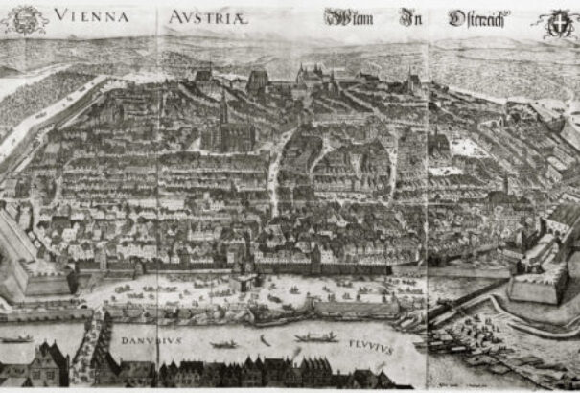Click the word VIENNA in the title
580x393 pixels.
pos(94,13)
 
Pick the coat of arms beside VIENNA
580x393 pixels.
pos(27,17)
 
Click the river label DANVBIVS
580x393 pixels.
pos(148,338)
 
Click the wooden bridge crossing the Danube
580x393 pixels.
pos(96,335)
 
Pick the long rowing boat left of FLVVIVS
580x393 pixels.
pos(315,337)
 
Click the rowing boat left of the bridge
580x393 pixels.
pos(16,338)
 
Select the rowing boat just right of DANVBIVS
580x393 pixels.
pos(224,343)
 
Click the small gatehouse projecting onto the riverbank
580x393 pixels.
pos(247,280)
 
